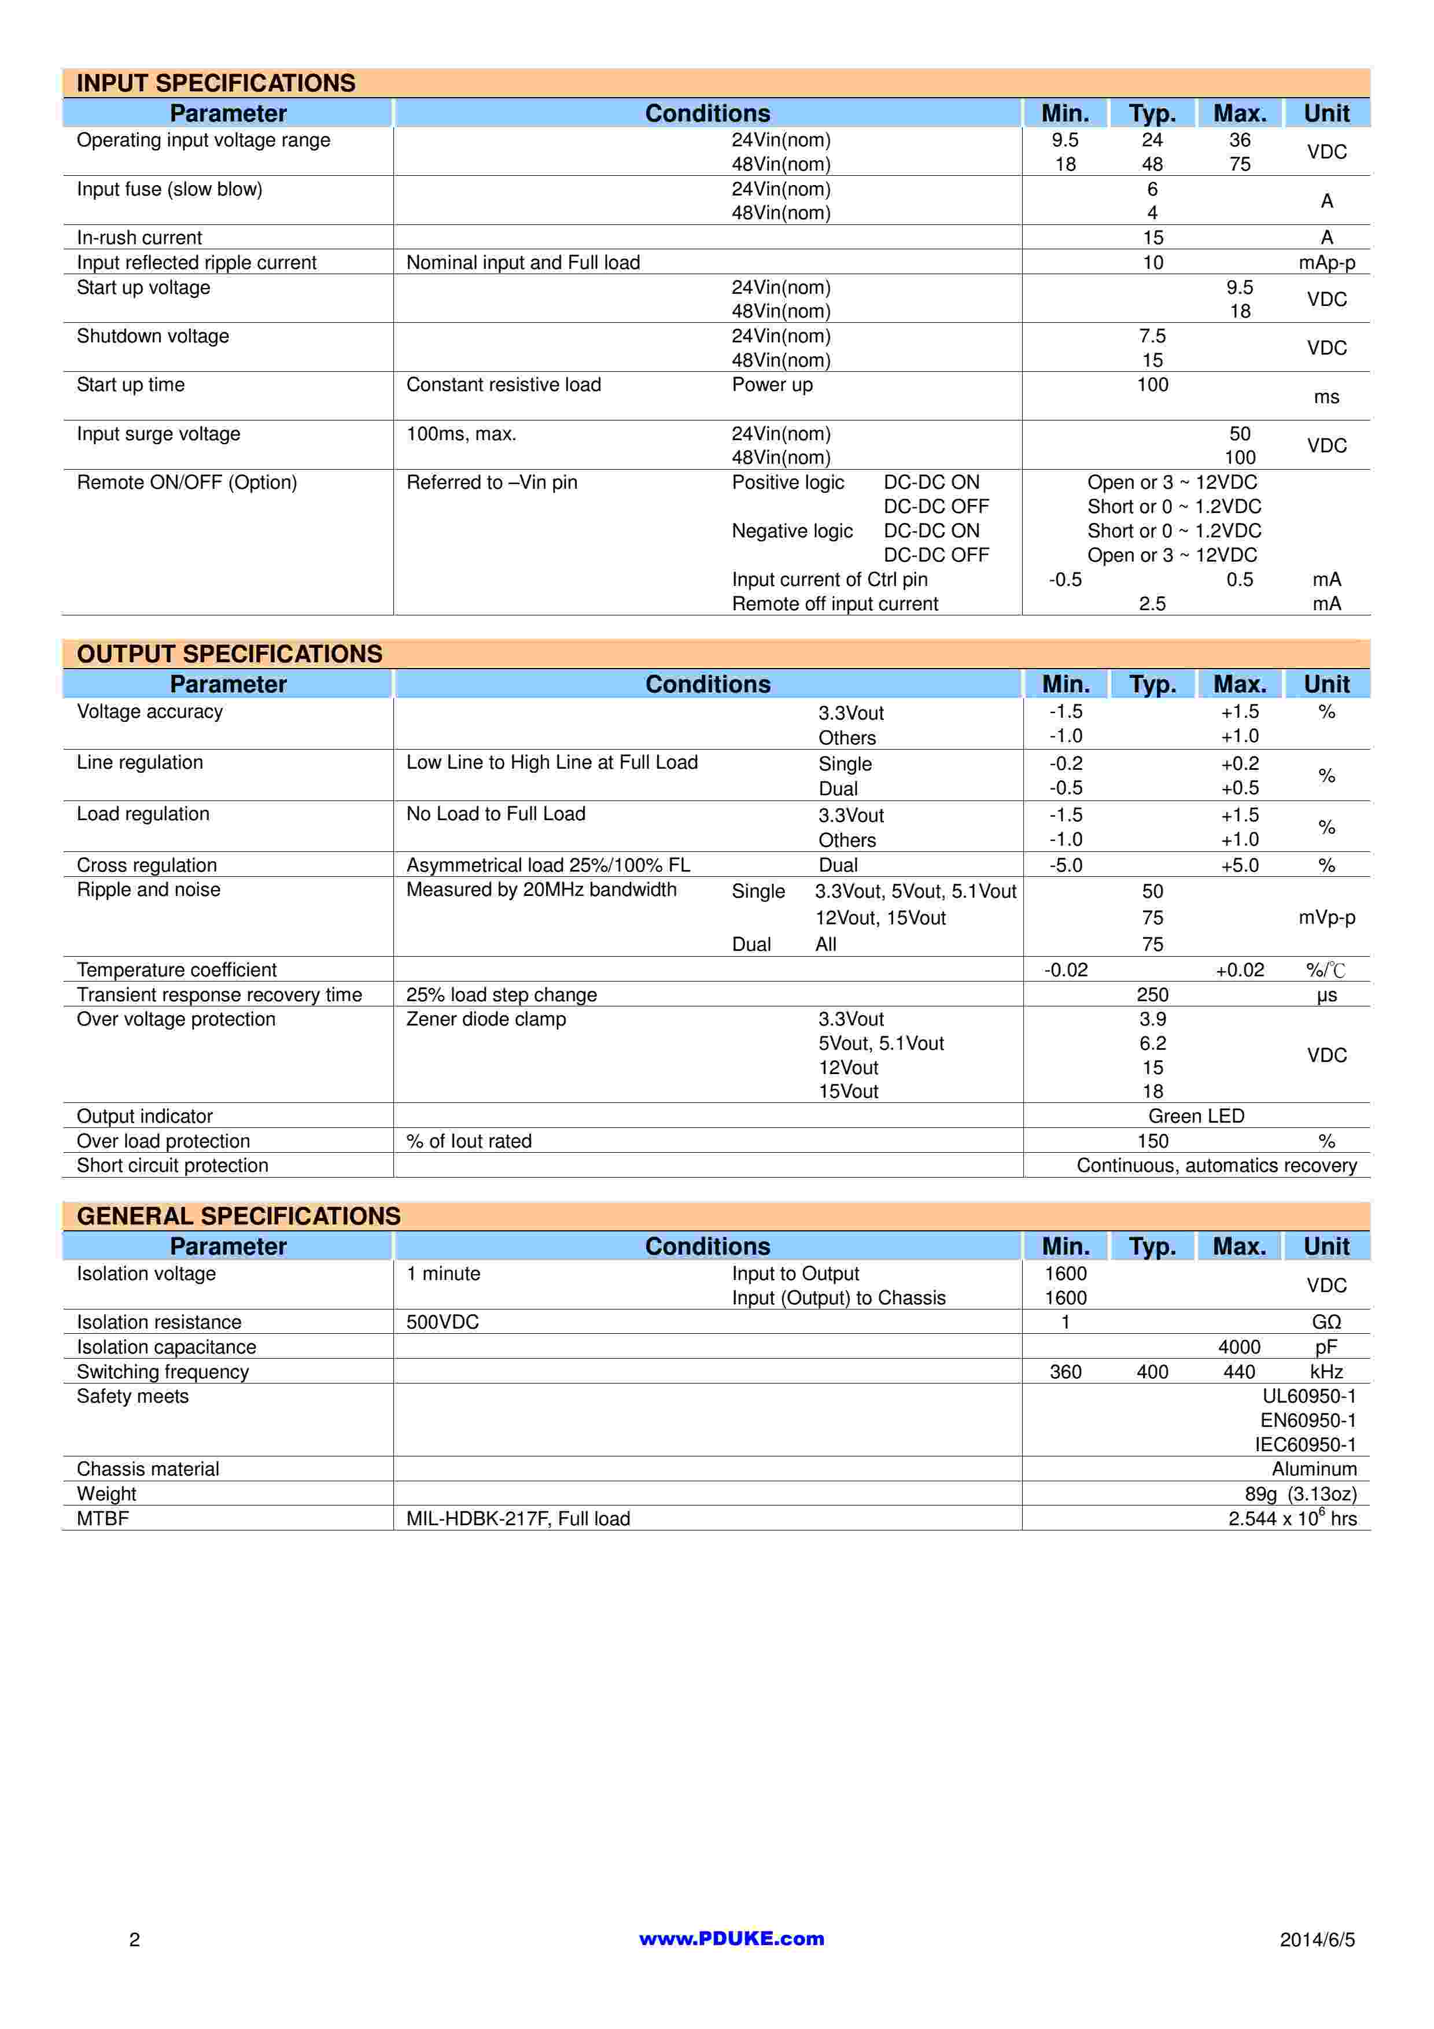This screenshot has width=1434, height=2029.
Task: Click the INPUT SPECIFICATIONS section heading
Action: pyautogui.click(x=216, y=83)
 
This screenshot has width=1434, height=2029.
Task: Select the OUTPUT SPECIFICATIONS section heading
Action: pyautogui.click(x=230, y=654)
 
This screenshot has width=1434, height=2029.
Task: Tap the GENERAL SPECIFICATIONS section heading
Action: pyautogui.click(x=238, y=1216)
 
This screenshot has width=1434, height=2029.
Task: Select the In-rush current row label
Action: pyautogui.click(x=139, y=238)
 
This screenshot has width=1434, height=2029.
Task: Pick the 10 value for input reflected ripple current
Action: pyautogui.click(x=1152, y=263)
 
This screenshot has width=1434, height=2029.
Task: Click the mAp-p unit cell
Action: pyautogui.click(x=1326, y=263)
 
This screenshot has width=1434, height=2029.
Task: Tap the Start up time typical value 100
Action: pyautogui.click(x=1152, y=385)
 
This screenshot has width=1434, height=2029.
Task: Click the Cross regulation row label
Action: pyautogui.click(x=147, y=865)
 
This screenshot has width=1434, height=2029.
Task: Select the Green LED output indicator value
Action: pyautogui.click(x=1196, y=1116)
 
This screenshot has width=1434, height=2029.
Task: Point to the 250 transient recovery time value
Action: pyautogui.click(x=1152, y=995)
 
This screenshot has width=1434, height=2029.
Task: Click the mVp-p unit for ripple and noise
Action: pyautogui.click(x=1326, y=917)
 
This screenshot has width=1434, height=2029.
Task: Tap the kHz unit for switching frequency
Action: pyautogui.click(x=1326, y=1371)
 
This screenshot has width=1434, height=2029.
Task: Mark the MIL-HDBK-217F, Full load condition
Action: pyautogui.click(x=518, y=1518)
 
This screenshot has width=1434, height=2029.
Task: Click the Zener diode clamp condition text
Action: pyautogui.click(x=486, y=1019)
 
